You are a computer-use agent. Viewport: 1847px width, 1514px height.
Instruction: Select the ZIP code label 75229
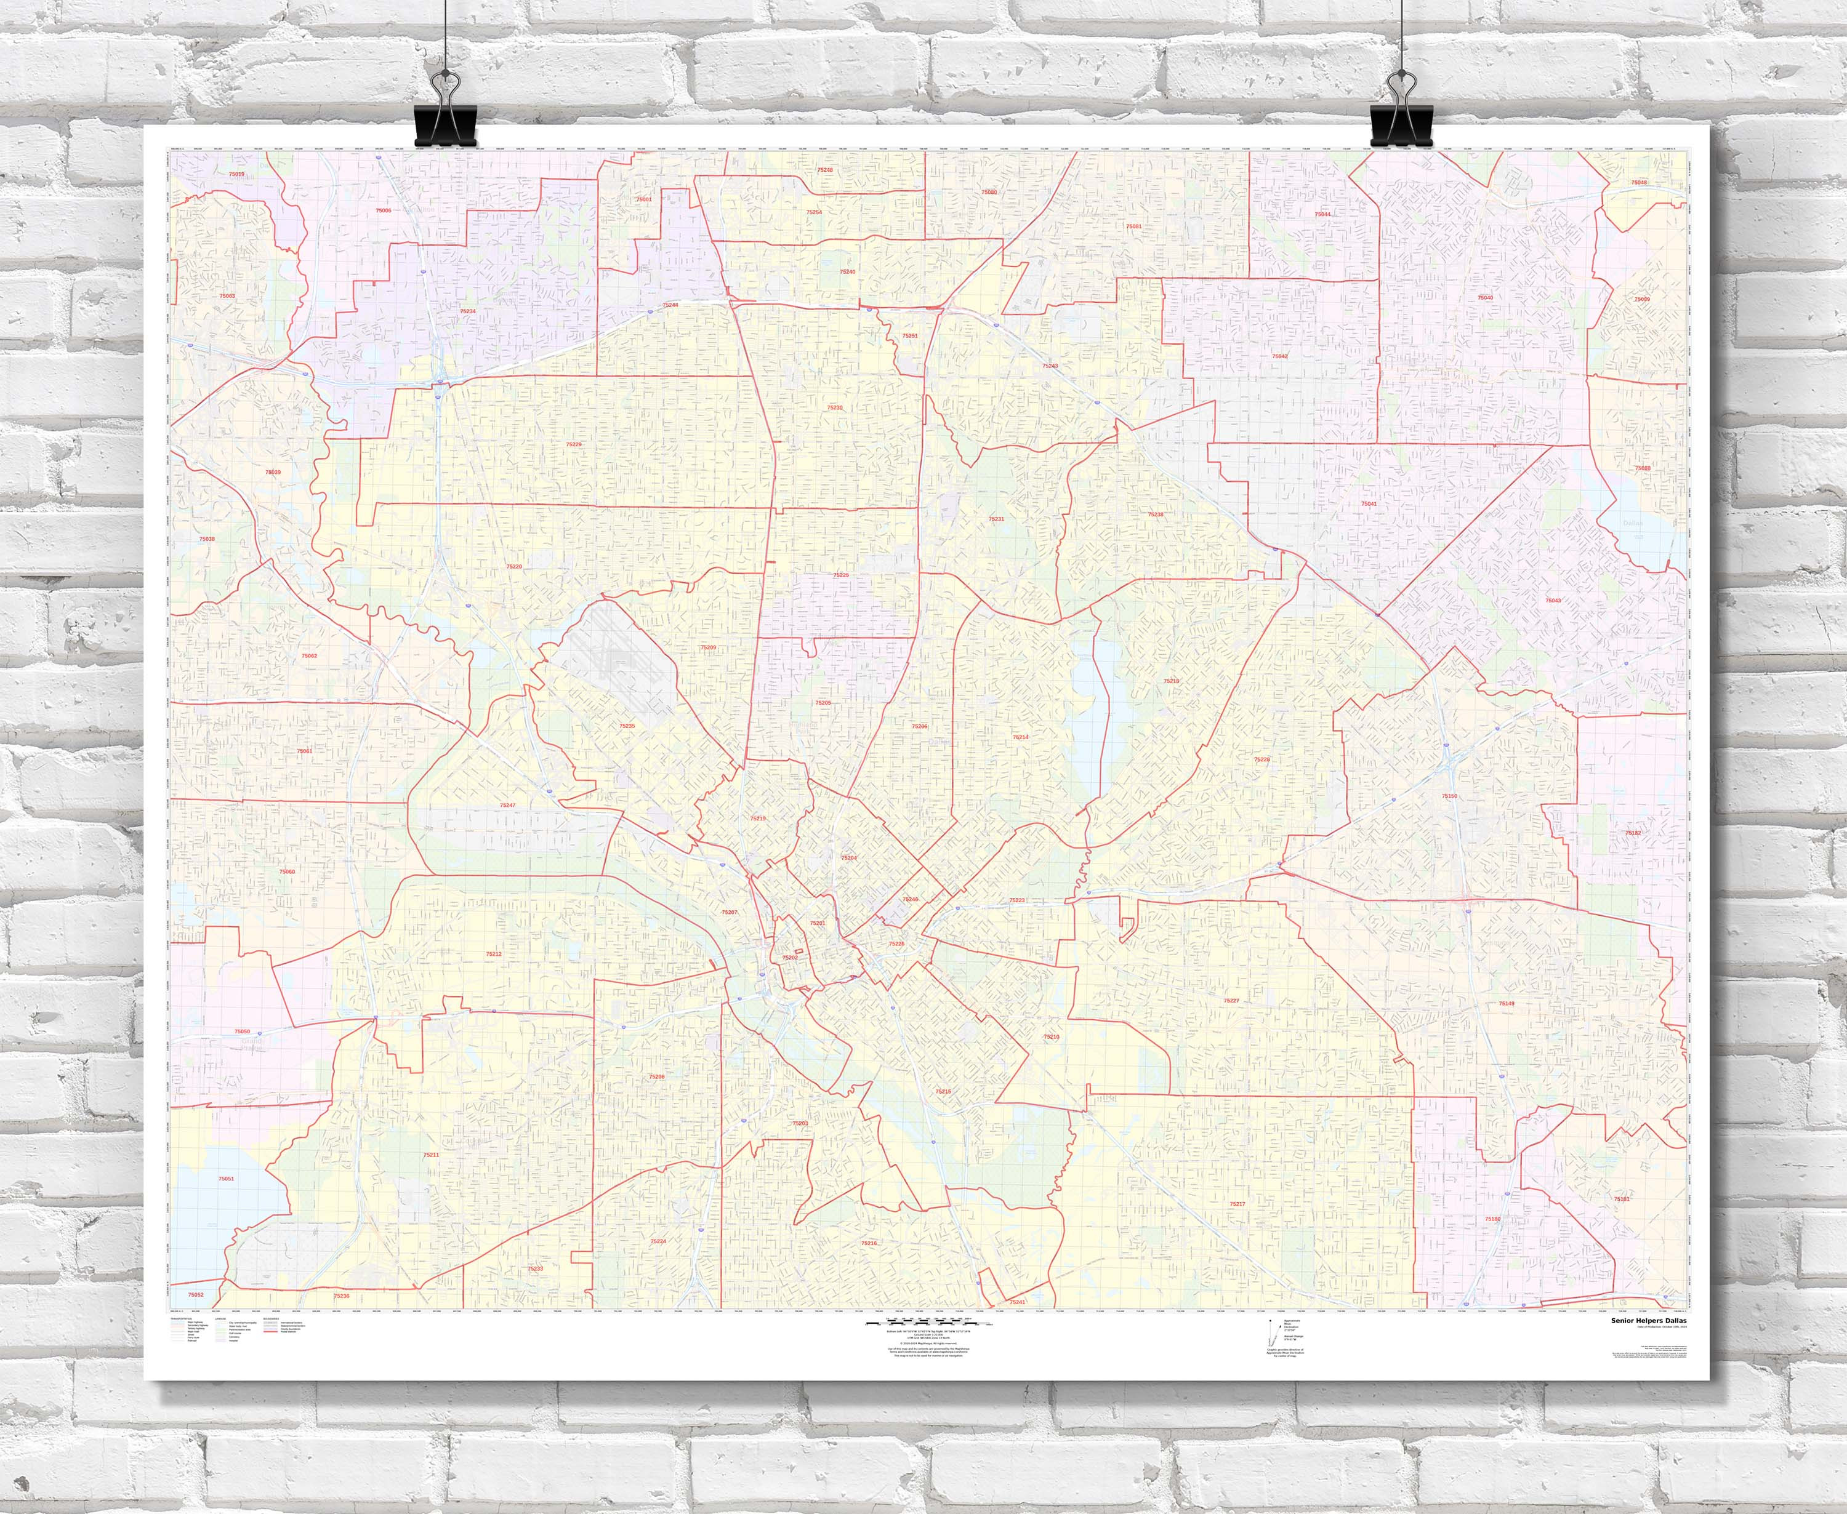point(573,445)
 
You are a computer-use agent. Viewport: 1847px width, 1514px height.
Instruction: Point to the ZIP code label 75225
point(840,575)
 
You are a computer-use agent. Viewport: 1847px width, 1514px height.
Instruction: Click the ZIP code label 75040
point(1485,298)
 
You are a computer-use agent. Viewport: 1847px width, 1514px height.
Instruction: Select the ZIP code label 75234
point(469,311)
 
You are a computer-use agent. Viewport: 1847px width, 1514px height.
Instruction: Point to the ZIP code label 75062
point(309,656)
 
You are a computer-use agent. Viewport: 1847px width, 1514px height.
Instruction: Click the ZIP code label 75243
point(1050,366)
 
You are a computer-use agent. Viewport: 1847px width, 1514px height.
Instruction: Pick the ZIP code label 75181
point(1621,1200)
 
